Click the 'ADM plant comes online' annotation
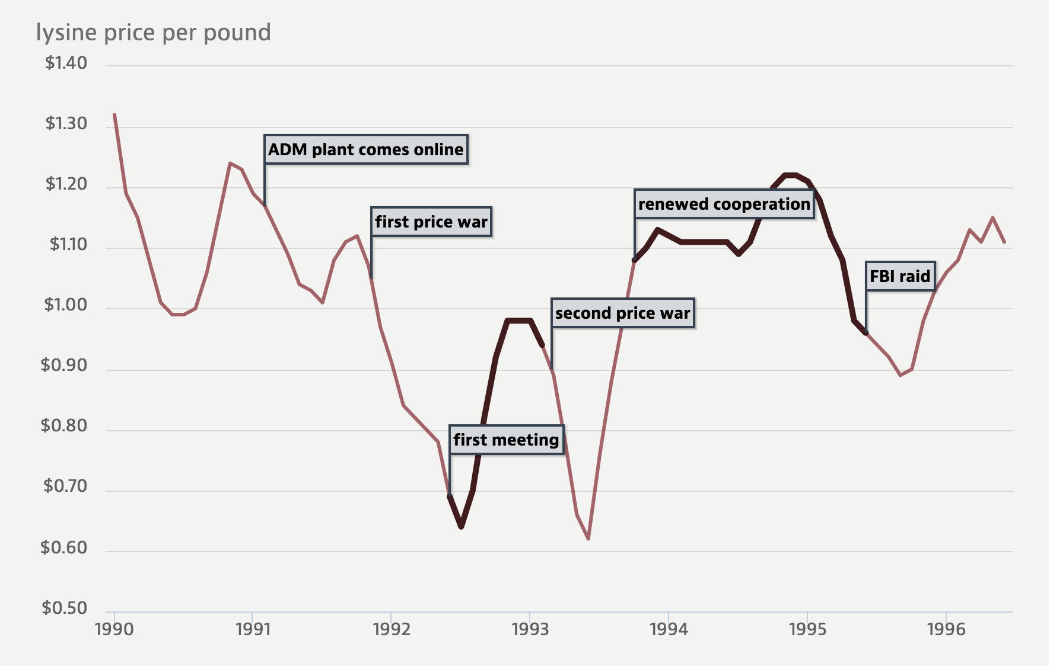tap(365, 149)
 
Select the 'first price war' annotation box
tap(431, 222)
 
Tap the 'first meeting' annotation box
tap(506, 440)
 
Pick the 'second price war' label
tap(622, 313)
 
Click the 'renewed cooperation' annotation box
tap(724, 204)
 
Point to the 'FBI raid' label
tap(899, 276)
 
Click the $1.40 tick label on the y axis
tap(66, 63)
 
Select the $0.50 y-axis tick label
tap(64, 608)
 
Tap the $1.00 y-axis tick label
tap(65, 305)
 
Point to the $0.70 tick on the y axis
tap(65, 486)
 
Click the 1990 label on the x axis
tap(114, 629)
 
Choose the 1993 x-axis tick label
tap(530, 629)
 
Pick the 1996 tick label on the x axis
tap(946, 629)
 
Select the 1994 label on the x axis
tap(669, 629)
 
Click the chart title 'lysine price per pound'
tap(153, 33)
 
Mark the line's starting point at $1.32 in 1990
tap(114, 114)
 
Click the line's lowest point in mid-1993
tap(588, 539)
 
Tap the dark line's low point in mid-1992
tap(462, 527)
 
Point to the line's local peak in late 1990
tap(230, 163)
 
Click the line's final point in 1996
tap(1004, 242)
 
